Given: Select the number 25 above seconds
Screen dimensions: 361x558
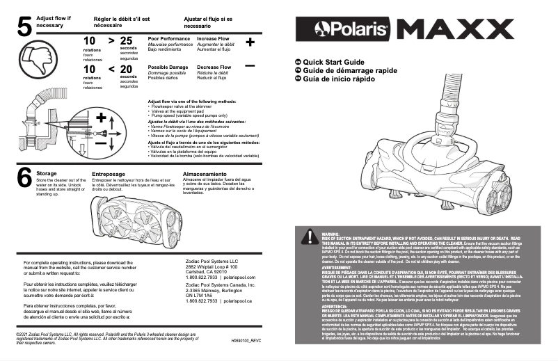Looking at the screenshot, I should click(126, 41).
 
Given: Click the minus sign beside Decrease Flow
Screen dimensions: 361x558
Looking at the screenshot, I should click(250, 65).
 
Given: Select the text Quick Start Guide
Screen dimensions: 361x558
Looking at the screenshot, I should click(338, 62).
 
